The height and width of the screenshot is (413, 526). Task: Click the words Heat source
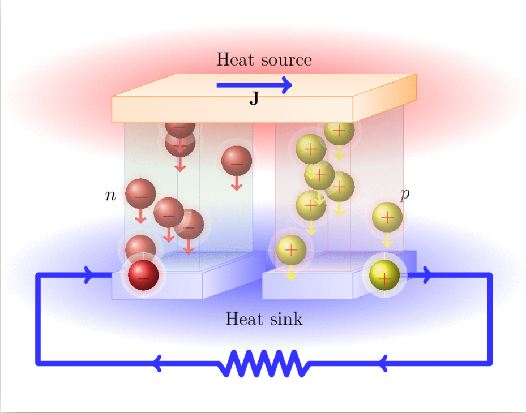pos(264,59)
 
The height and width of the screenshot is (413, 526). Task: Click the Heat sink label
pos(264,319)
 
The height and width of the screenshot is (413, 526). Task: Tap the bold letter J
pos(254,98)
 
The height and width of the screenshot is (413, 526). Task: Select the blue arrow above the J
pos(254,85)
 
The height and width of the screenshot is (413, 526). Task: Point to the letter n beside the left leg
pos(110,195)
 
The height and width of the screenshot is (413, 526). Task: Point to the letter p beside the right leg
pos(405,194)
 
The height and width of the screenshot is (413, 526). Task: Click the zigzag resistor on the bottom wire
pos(264,363)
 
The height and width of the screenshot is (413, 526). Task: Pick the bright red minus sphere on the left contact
pos(143,275)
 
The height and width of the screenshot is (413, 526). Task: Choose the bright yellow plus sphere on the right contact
pos(384,275)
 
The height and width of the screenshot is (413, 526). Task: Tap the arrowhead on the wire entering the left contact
pos(88,275)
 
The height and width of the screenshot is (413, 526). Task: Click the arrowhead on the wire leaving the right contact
pos(427,275)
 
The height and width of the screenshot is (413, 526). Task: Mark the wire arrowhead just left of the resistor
pos(157,363)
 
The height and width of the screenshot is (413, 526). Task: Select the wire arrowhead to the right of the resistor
pos(384,363)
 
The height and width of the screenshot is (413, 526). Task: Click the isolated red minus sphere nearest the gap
pos(237,161)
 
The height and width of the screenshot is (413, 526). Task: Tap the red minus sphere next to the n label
pos(140,193)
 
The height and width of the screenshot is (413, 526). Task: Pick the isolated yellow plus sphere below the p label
pos(387,218)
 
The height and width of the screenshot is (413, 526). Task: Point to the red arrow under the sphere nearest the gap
pos(237,183)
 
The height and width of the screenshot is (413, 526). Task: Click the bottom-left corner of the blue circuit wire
pos(38,363)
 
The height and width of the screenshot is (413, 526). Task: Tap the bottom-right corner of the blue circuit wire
pos(490,363)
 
